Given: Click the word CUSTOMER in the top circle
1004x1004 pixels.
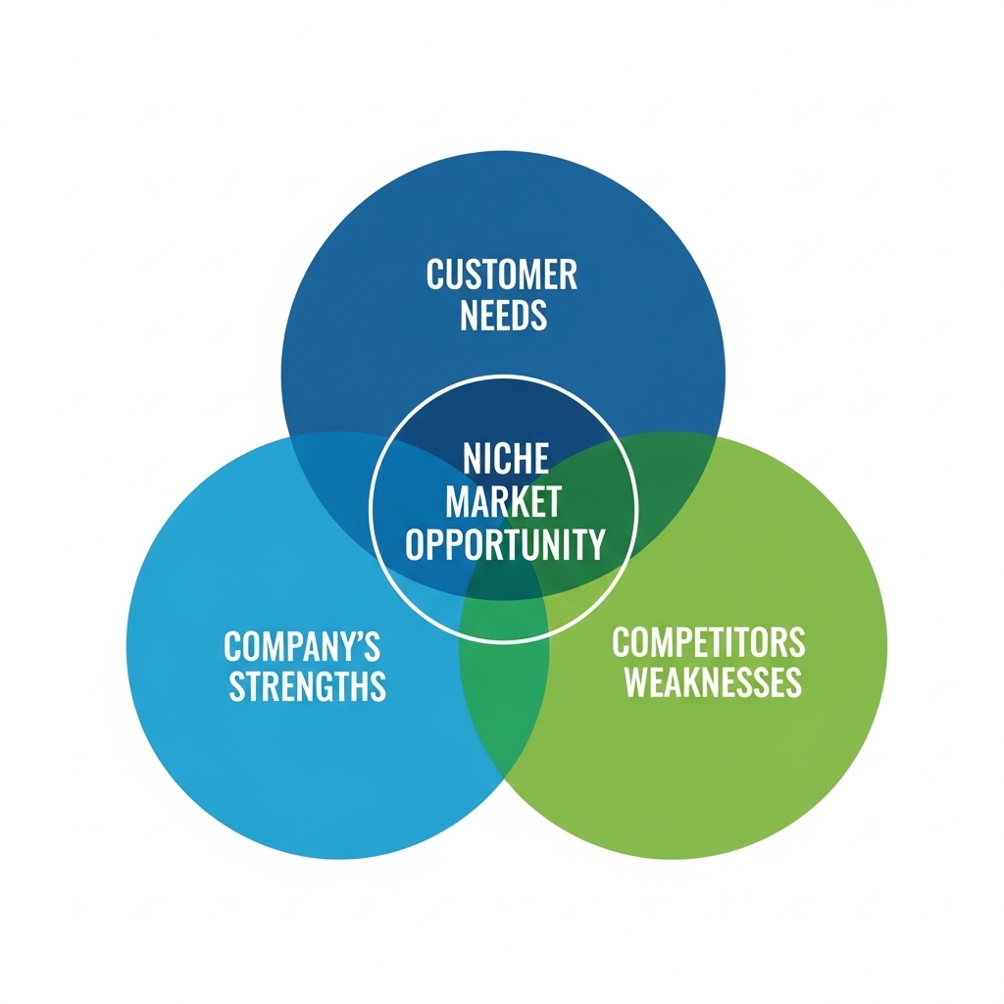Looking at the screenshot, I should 502,276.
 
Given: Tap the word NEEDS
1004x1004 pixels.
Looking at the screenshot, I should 502,316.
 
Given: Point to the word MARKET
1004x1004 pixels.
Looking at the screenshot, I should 503,501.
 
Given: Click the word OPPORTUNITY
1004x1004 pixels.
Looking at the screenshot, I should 505,543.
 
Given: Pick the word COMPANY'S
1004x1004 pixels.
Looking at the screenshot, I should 302,646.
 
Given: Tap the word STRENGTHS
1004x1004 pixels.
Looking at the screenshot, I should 308,686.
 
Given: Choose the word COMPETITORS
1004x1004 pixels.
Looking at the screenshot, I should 708,643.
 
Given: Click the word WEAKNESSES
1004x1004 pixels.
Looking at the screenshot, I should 713,682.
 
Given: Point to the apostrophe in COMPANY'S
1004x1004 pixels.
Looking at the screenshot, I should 359,637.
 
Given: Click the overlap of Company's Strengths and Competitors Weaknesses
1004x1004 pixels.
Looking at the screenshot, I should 504,686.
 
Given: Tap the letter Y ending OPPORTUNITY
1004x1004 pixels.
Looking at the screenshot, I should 595,543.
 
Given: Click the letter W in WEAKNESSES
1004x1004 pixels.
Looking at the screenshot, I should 638,682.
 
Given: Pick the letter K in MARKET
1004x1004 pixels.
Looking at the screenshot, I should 518,501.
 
